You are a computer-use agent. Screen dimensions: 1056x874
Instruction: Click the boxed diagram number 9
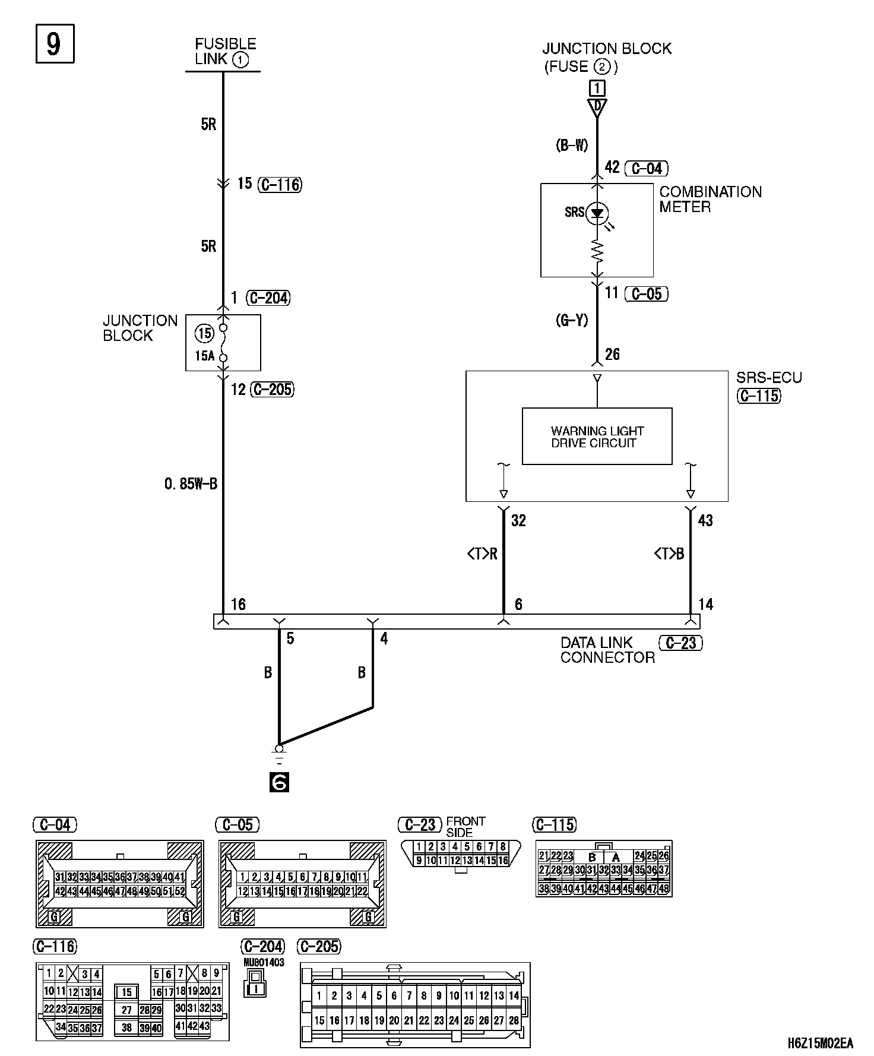(54, 44)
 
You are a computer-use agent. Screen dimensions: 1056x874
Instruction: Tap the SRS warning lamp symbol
(597, 213)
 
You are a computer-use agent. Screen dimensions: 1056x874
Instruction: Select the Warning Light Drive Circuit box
(597, 437)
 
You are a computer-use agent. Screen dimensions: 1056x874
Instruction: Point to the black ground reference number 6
(279, 783)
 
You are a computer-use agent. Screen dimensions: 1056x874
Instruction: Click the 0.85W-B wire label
(191, 484)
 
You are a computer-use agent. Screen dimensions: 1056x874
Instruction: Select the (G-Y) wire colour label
(572, 321)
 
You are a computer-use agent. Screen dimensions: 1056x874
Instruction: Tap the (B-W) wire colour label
(572, 146)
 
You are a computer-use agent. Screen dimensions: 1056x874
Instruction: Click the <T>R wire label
(482, 554)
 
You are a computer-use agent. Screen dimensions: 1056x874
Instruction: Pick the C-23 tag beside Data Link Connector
(680, 643)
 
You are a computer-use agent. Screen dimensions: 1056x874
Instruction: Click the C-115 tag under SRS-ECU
(759, 396)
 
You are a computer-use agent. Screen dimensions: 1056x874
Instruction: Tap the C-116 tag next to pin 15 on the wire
(280, 185)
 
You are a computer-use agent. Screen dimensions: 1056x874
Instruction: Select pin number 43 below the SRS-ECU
(705, 521)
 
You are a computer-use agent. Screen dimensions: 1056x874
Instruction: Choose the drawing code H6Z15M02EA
(820, 1043)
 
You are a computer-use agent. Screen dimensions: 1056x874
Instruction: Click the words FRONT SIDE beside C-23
(465, 827)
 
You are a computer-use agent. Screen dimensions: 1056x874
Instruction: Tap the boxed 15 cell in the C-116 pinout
(126, 992)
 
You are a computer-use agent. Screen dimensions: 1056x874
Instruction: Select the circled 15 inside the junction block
(204, 334)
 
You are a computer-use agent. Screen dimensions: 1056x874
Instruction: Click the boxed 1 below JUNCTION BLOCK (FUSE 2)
(597, 88)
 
